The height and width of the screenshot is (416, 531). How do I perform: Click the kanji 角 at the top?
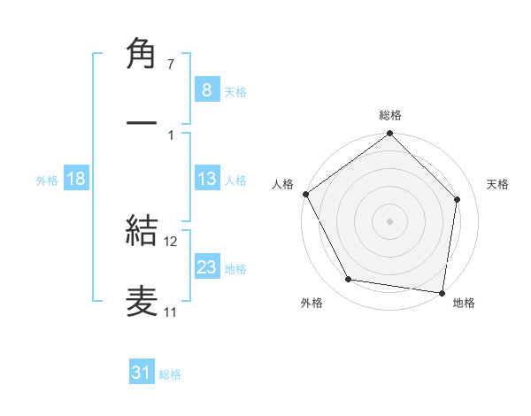142,56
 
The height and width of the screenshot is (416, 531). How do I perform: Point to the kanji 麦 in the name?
142,300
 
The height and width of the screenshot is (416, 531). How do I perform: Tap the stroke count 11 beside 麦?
170,312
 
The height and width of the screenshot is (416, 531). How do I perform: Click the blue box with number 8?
206,89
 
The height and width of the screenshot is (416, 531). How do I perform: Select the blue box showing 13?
206,179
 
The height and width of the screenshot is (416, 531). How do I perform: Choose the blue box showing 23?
206,267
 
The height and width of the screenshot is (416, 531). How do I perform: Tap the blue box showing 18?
75,179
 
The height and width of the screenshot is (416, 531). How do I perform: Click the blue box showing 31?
142,373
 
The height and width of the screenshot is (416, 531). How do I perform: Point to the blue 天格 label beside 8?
235,91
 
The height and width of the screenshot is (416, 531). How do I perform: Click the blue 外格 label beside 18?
47,180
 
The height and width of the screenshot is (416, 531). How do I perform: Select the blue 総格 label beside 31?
170,374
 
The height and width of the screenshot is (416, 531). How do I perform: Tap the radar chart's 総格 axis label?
390,115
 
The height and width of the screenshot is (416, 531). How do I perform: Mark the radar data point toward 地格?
442,292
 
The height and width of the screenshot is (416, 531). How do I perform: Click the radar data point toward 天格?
458,199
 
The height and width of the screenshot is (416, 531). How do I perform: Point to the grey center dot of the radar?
389,220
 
